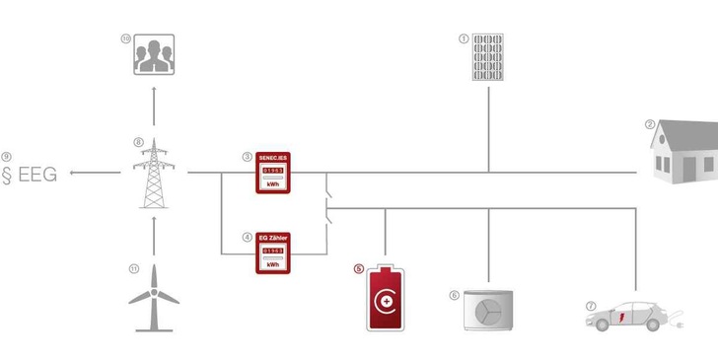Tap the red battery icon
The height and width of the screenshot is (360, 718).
point(387,297)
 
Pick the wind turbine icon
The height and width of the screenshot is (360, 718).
point(154,298)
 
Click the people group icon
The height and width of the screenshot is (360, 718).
point(153,56)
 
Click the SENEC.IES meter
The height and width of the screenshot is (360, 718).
point(275,175)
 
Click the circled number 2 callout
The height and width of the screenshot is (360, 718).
point(650,125)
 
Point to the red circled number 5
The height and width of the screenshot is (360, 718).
point(359,267)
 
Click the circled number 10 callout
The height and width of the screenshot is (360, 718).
point(126,38)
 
